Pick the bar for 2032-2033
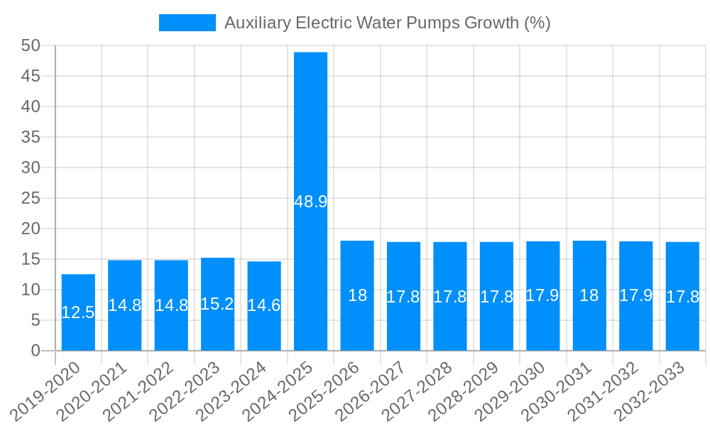click(x=682, y=327)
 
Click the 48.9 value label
click(x=310, y=202)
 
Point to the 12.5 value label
click(x=78, y=312)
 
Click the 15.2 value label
click(x=217, y=304)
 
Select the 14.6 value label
click(x=264, y=305)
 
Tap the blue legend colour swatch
click(x=187, y=23)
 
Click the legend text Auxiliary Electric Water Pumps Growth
click(x=387, y=23)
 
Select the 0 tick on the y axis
click(x=36, y=351)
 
